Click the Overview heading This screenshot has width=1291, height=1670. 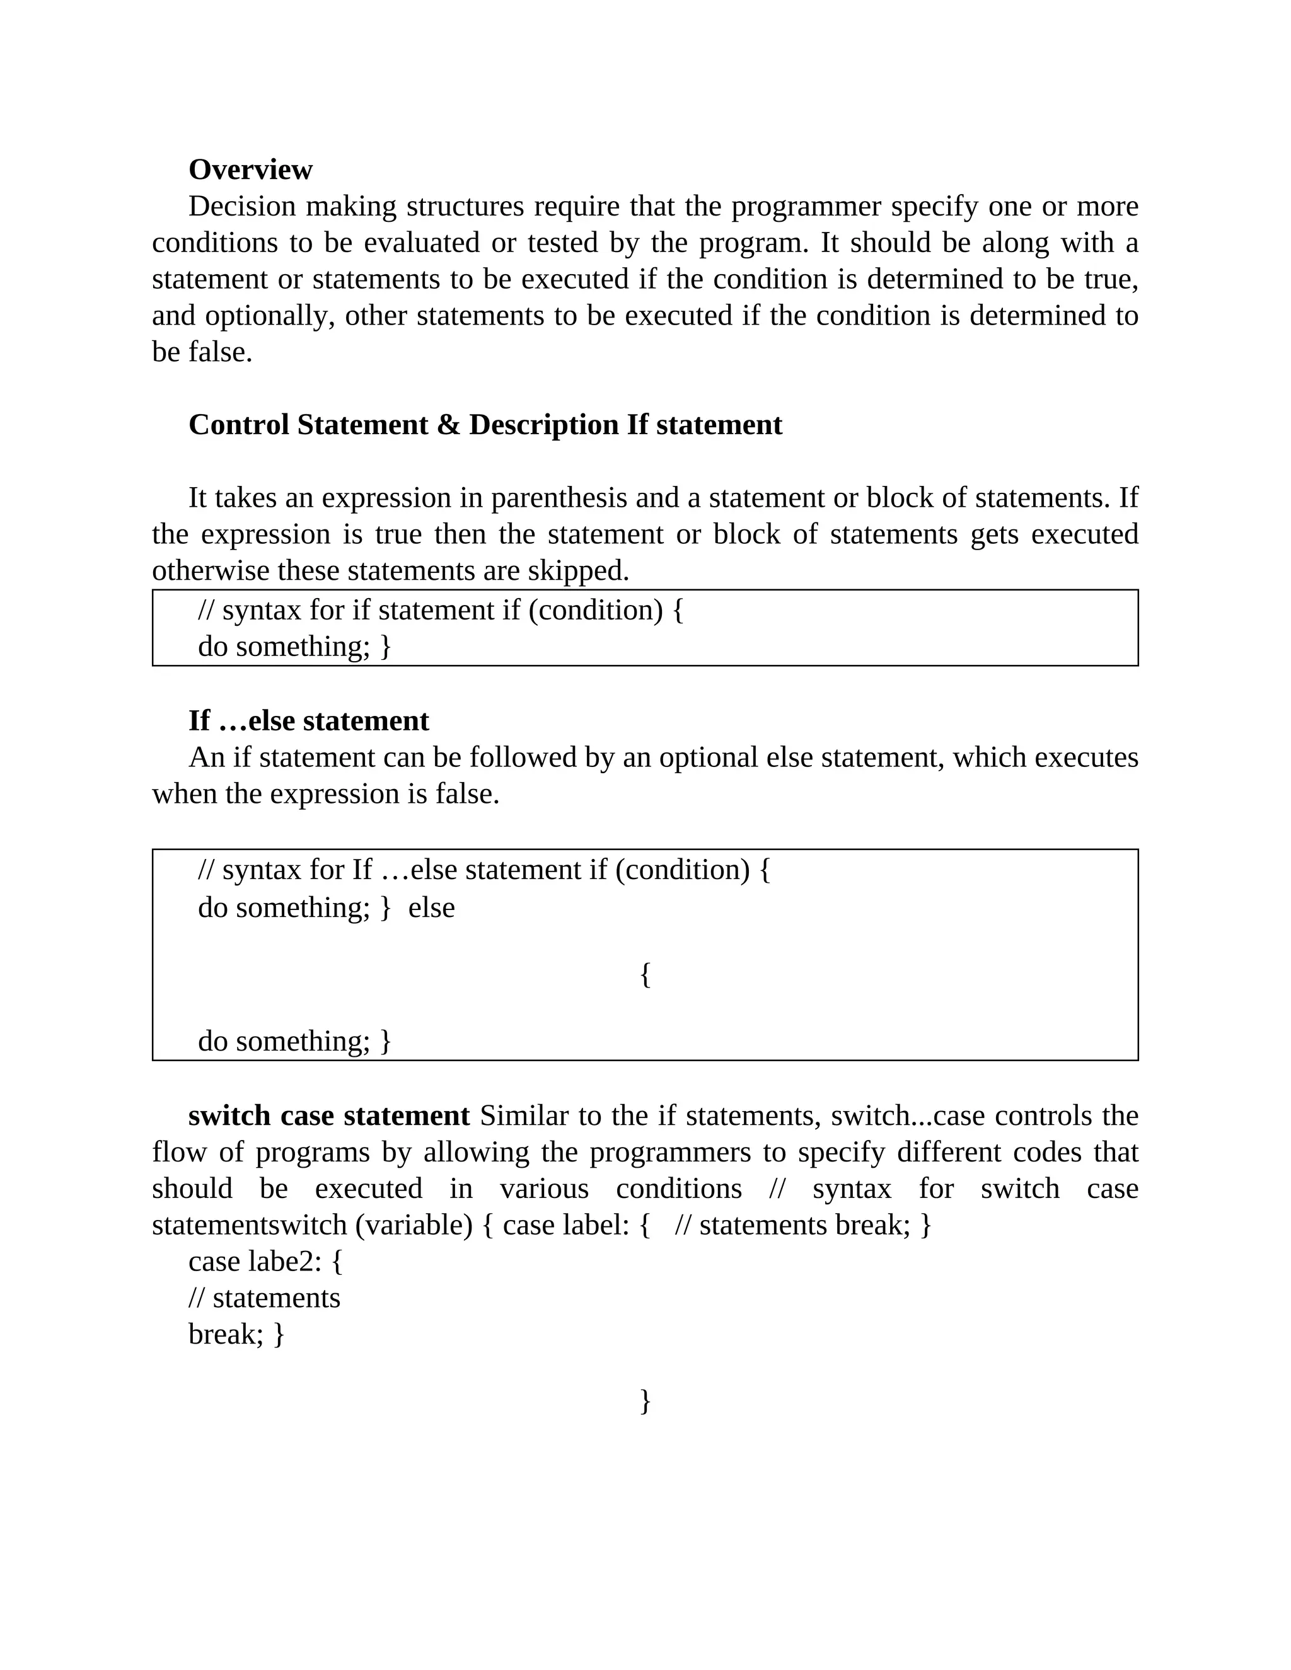tap(250, 170)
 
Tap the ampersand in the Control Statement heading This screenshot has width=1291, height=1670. tap(448, 425)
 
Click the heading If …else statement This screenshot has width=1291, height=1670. tap(308, 721)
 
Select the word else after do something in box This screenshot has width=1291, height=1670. tap(431, 907)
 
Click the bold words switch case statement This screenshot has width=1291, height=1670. tap(329, 1115)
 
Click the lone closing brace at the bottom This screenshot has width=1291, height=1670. tap(645, 1400)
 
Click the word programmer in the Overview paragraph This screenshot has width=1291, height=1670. tap(843, 207)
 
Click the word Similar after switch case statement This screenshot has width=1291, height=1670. tap(524, 1115)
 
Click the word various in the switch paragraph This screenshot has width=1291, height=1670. tap(544, 1189)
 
